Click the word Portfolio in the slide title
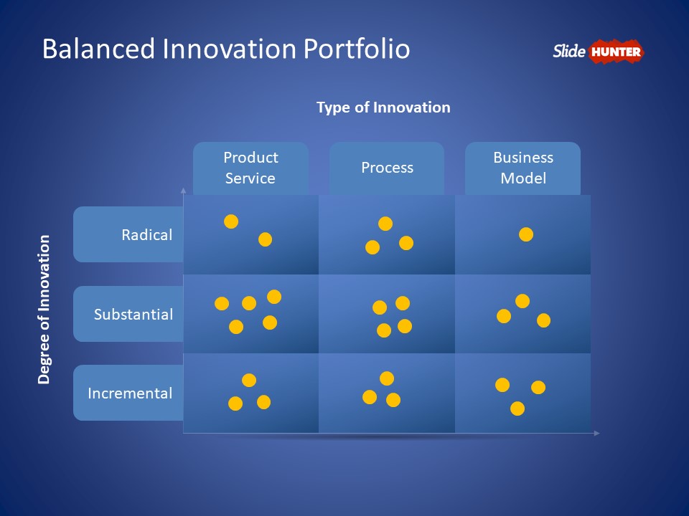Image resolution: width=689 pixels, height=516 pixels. click(x=357, y=48)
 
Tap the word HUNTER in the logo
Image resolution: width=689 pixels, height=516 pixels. click(x=616, y=52)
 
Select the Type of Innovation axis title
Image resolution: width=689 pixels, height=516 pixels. click(x=383, y=107)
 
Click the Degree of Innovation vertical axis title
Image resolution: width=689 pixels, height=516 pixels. click(x=44, y=310)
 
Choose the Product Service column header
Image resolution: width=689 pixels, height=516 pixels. click(x=250, y=168)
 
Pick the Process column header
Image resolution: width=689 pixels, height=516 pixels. click(x=387, y=168)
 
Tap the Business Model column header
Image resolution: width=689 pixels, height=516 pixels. click(x=523, y=168)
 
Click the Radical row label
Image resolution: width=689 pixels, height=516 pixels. click(x=146, y=235)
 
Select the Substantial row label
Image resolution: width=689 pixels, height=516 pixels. click(x=133, y=314)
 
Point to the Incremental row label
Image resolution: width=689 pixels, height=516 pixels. click(x=130, y=393)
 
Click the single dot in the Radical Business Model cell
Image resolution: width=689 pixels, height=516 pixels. click(x=526, y=234)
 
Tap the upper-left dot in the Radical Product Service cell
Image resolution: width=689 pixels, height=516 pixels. click(x=231, y=221)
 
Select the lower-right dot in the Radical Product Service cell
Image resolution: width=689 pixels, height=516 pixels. click(x=266, y=239)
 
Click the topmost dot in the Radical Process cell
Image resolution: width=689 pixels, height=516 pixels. click(x=385, y=224)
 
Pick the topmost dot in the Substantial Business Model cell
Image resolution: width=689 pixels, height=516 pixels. click(x=522, y=301)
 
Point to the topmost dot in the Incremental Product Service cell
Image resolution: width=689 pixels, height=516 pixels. click(x=249, y=380)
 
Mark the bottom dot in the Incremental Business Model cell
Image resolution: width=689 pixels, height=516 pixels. click(x=517, y=408)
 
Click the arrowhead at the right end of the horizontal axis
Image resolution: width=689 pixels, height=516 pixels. click(x=597, y=433)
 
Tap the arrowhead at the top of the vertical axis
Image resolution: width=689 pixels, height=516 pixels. click(x=183, y=191)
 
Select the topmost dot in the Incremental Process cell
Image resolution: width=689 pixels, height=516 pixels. click(x=387, y=378)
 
